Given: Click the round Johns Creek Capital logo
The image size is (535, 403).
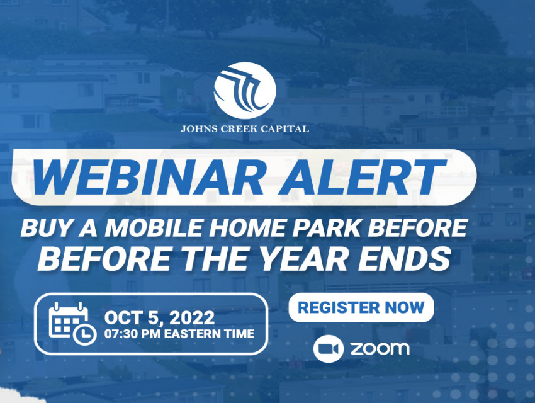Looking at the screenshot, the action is [x=245, y=90].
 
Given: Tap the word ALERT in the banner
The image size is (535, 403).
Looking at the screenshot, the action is [x=363, y=177].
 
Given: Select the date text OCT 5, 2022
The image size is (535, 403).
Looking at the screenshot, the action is [x=159, y=318].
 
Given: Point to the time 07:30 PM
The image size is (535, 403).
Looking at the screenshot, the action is [x=132, y=334].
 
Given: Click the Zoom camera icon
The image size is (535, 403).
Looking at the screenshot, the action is [x=328, y=349].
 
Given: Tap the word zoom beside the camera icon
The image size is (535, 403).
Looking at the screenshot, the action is [x=380, y=348].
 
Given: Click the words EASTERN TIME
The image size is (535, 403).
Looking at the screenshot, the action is [x=209, y=334].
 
